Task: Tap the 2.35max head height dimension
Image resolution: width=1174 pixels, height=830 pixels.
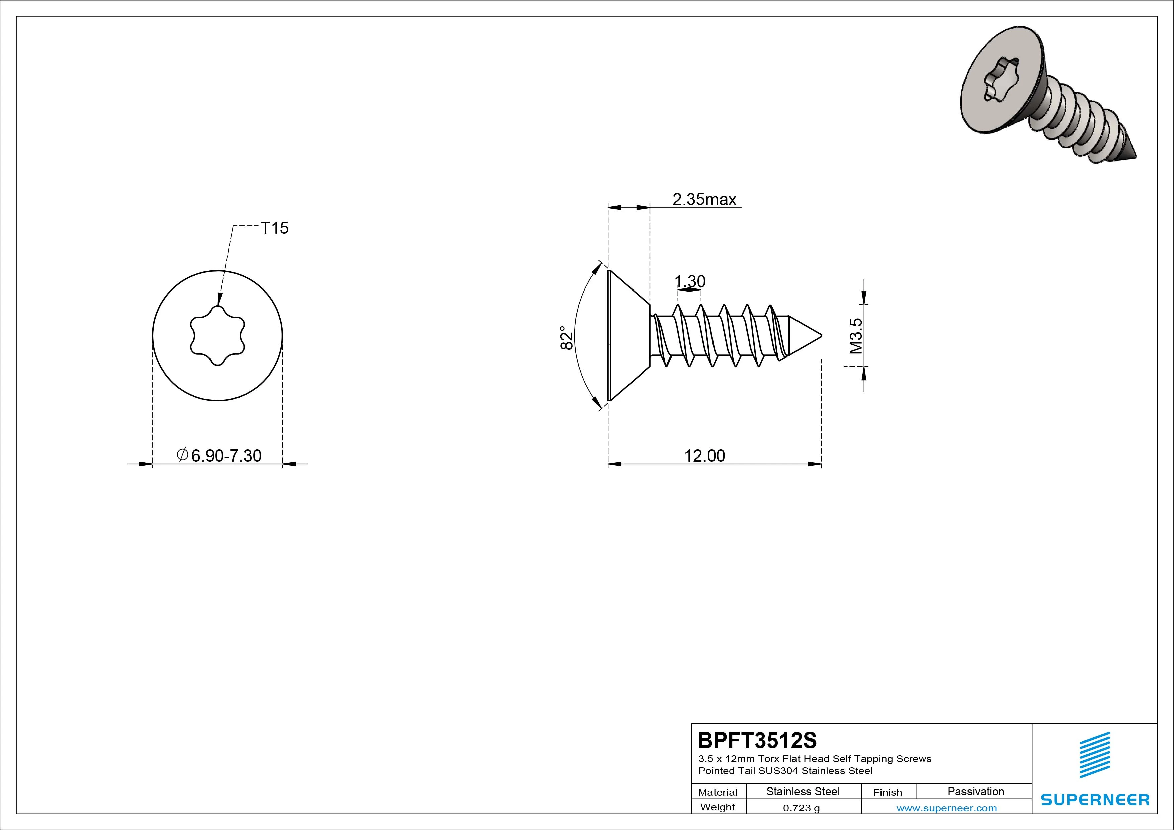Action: tap(704, 199)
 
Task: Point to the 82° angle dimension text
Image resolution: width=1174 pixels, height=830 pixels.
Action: tap(566, 338)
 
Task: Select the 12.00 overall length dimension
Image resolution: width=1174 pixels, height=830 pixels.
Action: tap(704, 455)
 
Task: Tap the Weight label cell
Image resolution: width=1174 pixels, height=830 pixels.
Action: tap(718, 807)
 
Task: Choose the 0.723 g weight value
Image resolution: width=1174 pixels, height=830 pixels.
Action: tap(801, 808)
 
